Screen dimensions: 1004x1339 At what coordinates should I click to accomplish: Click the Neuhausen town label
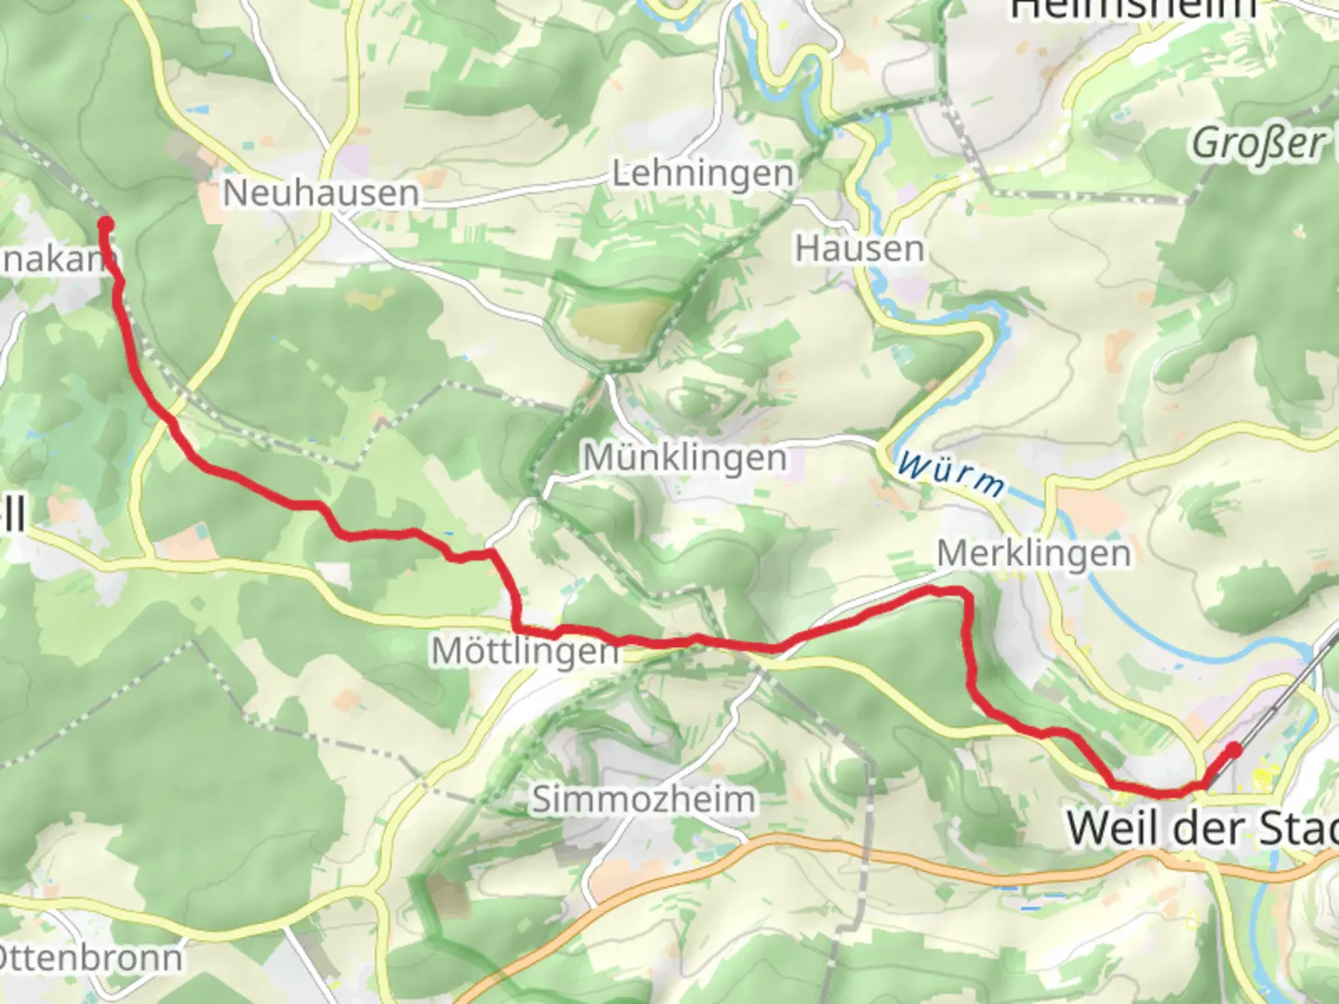point(321,193)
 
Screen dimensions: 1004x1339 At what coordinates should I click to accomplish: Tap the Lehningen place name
point(703,174)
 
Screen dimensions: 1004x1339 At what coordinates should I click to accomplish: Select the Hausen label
point(859,248)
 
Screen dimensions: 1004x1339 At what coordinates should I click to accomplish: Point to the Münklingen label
point(684,457)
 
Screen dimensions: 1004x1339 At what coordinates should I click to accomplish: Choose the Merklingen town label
point(1034,553)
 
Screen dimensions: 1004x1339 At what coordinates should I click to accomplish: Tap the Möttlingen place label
point(524,651)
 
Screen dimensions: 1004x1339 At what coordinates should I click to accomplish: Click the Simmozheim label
point(643,799)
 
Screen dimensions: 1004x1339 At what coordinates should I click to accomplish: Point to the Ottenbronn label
point(91,958)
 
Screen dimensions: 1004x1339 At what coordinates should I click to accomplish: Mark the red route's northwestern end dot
point(105,224)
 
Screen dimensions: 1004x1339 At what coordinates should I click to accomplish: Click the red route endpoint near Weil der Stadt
point(1234,748)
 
